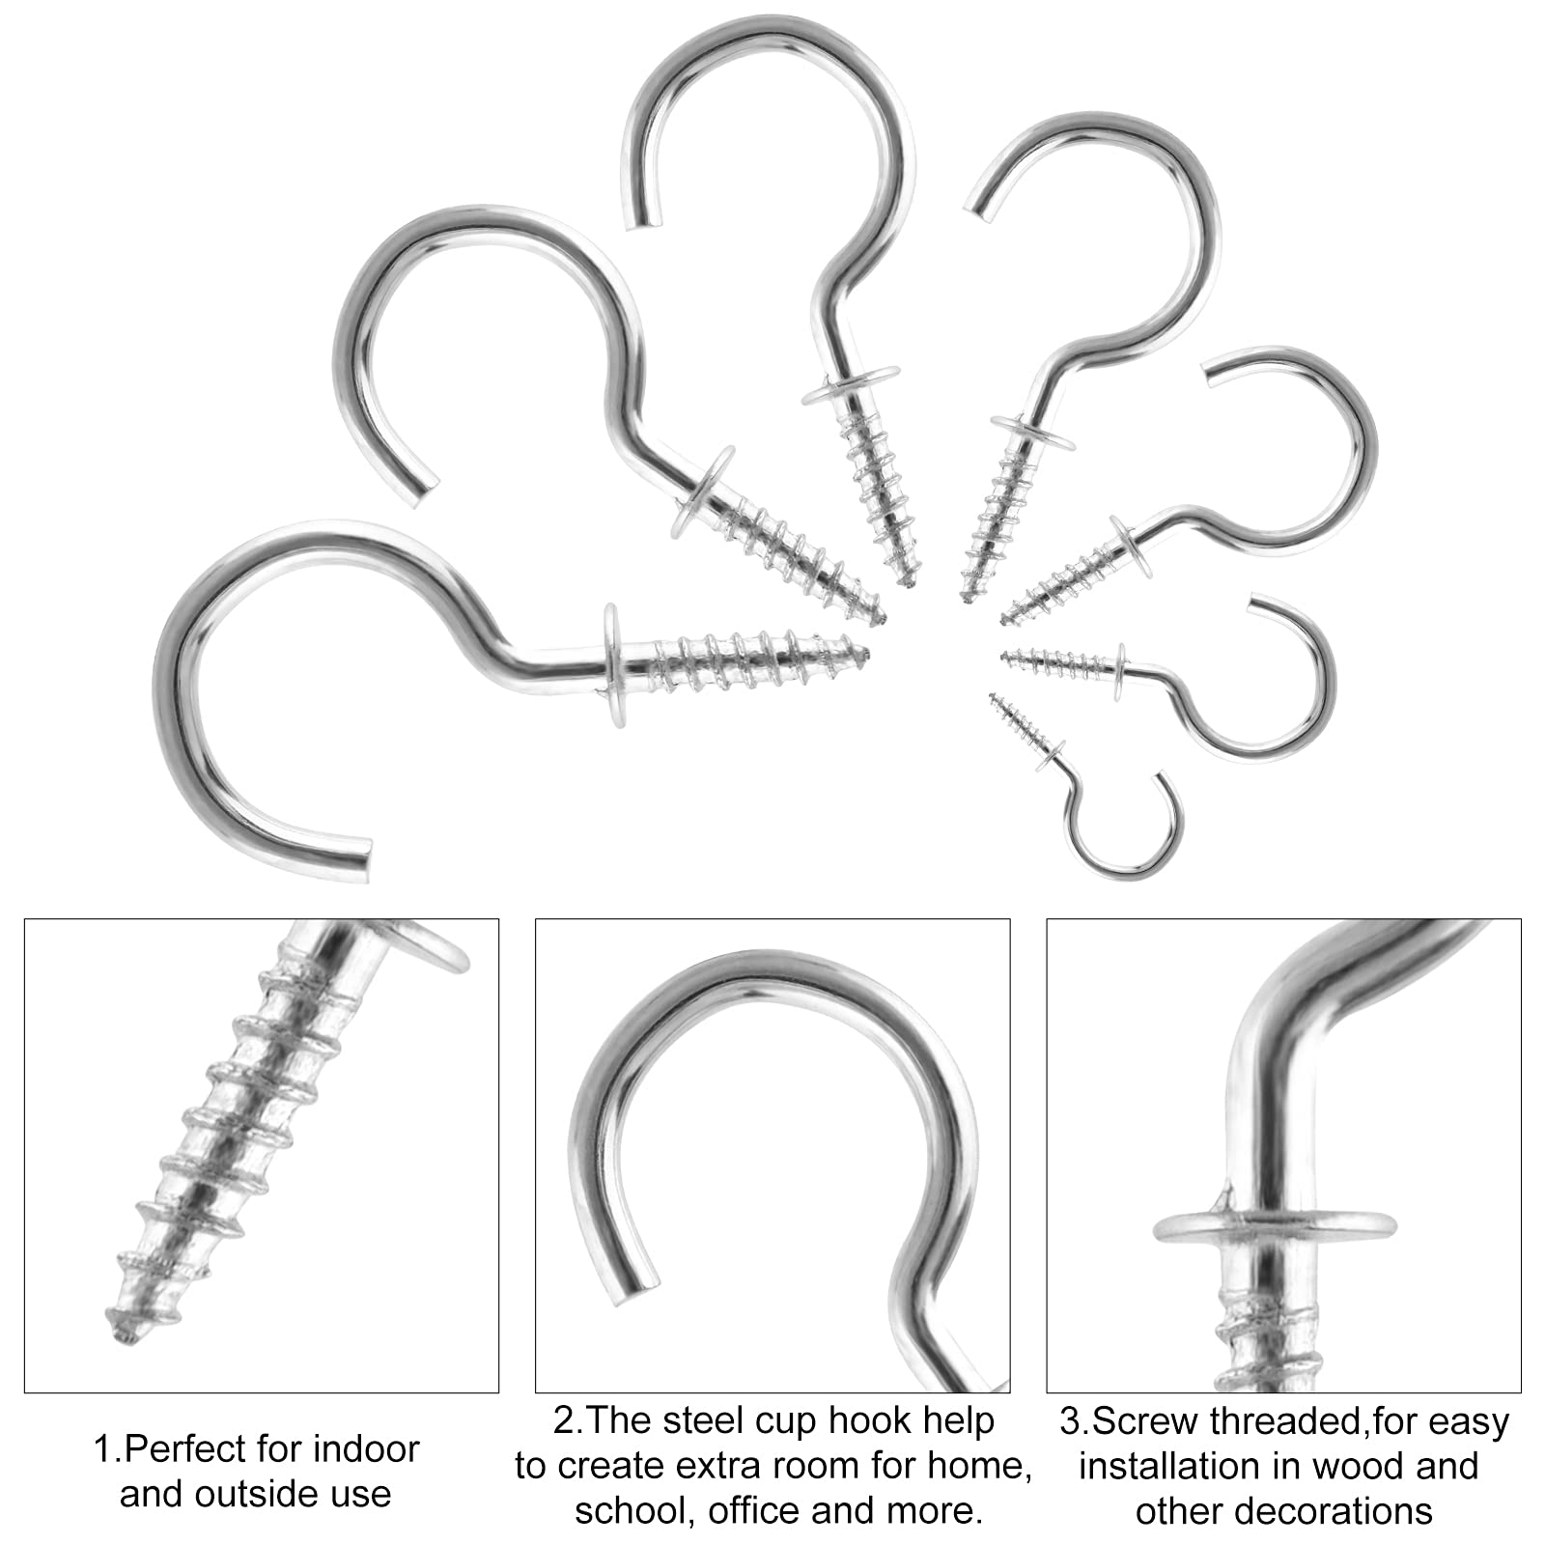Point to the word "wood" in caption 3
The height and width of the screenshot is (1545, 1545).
point(1346,1467)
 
